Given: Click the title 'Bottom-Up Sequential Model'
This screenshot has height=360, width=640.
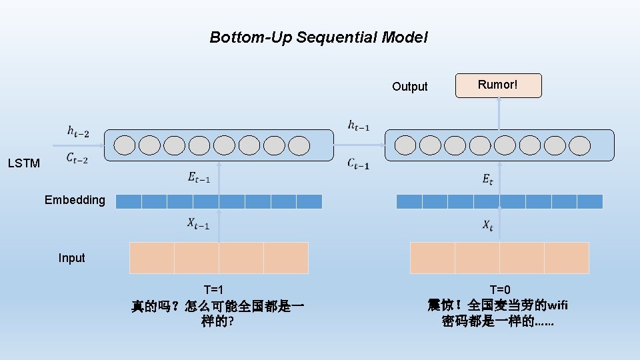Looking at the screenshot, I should pyautogui.click(x=319, y=37).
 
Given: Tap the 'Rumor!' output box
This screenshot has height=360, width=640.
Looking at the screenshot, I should pyautogui.click(x=498, y=85).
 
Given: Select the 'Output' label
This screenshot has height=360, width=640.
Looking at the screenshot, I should pyautogui.click(x=409, y=87).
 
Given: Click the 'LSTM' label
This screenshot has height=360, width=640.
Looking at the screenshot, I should pyautogui.click(x=24, y=163).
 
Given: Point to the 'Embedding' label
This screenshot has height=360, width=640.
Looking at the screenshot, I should pyautogui.click(x=75, y=200).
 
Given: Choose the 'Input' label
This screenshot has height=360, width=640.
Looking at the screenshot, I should pyautogui.click(x=71, y=258).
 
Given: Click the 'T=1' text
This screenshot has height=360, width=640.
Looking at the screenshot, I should pyautogui.click(x=213, y=289).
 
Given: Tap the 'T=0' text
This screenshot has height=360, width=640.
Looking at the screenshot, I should pyautogui.click(x=500, y=289).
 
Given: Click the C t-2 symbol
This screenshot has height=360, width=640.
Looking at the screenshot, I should pyautogui.click(x=77, y=159).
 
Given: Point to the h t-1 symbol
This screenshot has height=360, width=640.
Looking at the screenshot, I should pyautogui.click(x=359, y=125).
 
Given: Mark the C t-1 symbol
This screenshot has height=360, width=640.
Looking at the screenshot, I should pyautogui.click(x=358, y=164).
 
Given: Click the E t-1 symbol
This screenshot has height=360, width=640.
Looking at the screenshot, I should pyautogui.click(x=199, y=178).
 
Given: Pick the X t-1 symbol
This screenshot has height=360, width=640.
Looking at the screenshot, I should pyautogui.click(x=198, y=225).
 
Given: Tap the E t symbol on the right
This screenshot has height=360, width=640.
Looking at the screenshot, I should pyautogui.click(x=487, y=179).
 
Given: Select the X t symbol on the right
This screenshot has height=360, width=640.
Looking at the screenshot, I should pyautogui.click(x=488, y=226).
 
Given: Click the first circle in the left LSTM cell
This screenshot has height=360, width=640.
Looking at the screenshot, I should pyautogui.click(x=125, y=145).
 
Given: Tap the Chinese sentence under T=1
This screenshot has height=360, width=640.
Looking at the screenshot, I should pyautogui.click(x=217, y=314).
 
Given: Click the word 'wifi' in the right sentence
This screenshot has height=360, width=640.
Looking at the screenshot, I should pyautogui.click(x=557, y=306).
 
